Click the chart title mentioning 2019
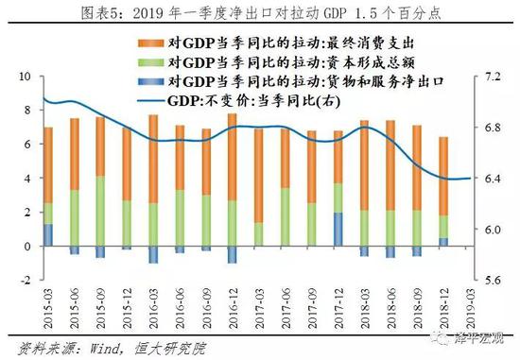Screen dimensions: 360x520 260,12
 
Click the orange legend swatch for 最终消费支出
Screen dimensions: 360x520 148,43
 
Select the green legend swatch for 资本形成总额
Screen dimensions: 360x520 148,61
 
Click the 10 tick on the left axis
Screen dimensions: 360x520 26,76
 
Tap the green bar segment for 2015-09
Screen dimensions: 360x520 100,211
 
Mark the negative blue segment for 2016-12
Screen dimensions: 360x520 232,254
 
